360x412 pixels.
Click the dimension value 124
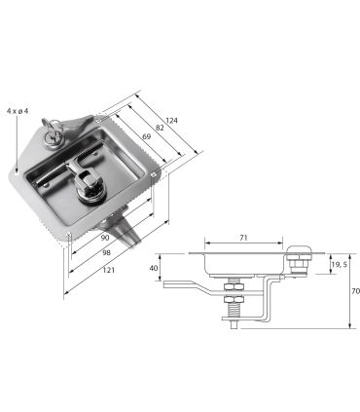click(x=171, y=121)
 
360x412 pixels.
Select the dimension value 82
click(x=160, y=128)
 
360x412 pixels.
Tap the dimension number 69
click(x=147, y=136)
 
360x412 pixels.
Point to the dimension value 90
click(x=104, y=238)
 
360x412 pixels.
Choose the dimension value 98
click(x=106, y=253)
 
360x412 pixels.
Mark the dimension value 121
click(x=109, y=270)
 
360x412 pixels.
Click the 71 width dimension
click(x=243, y=238)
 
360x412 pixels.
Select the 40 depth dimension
click(x=154, y=268)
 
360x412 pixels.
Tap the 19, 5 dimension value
click(x=339, y=265)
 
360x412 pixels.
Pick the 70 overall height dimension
click(x=355, y=291)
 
